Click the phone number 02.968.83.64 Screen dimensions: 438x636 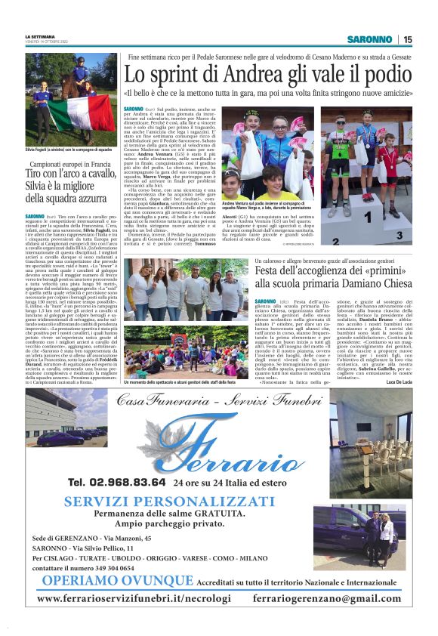pos(115,482)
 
